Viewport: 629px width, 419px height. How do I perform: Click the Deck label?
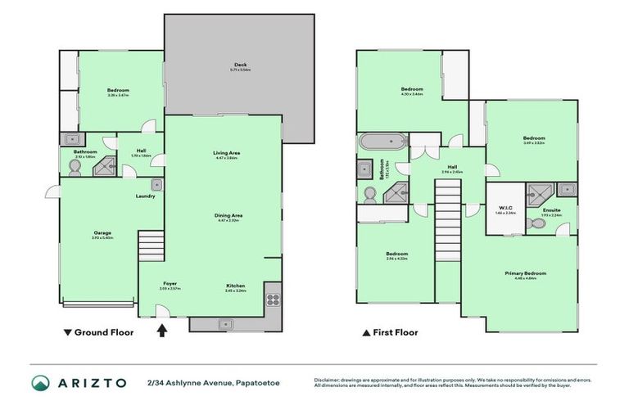(x=239, y=65)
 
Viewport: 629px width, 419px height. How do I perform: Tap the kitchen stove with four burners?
(x=273, y=299)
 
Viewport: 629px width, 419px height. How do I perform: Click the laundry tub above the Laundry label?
(x=153, y=185)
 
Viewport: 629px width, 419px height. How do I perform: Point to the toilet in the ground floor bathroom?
(x=75, y=166)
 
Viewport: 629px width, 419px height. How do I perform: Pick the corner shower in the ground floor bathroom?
(x=104, y=166)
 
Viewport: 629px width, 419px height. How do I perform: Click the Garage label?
(x=102, y=232)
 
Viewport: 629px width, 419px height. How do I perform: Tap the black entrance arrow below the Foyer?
(x=162, y=331)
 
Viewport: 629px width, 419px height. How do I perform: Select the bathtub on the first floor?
(x=382, y=142)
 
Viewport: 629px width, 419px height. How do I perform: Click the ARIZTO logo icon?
(x=40, y=382)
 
